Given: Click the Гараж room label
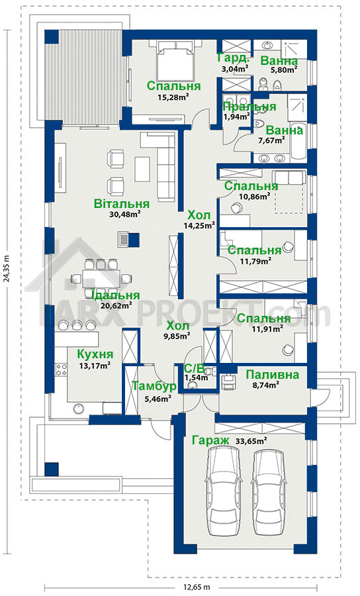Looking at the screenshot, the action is tap(210, 440).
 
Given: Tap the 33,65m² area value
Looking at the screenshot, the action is tap(251, 441).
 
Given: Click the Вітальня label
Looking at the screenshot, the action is tap(122, 204).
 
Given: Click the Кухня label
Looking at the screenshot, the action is tap(95, 354).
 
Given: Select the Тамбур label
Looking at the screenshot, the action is tap(154, 387).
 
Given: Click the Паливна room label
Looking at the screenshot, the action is tap(272, 375).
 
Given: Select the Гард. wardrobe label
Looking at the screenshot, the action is tap(234, 58).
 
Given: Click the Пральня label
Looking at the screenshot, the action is tap(249, 107).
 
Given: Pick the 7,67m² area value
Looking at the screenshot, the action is tap(271, 140).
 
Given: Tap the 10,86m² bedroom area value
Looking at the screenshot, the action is tap(254, 196).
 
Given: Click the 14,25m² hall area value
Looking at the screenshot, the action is tap(199, 225).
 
